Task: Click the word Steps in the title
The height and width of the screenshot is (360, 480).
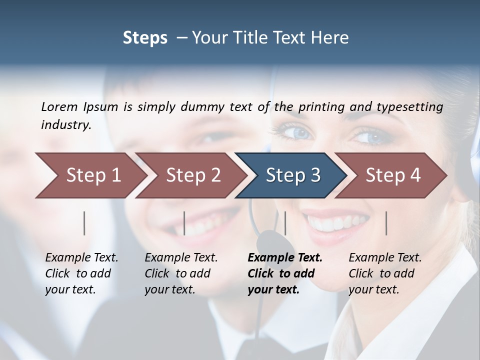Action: click(145, 38)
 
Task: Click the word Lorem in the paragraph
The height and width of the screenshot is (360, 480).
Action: click(59, 107)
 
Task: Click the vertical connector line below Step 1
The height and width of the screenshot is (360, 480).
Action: click(84, 223)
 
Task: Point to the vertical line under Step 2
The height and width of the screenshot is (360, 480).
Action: click(184, 223)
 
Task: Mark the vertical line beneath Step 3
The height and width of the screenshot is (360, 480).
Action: click(285, 223)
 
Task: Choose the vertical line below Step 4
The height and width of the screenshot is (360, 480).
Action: click(386, 223)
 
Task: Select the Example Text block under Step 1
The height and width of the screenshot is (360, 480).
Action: click(81, 273)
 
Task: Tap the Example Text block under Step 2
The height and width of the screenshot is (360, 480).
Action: click(181, 273)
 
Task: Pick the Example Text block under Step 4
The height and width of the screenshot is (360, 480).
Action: click(385, 273)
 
